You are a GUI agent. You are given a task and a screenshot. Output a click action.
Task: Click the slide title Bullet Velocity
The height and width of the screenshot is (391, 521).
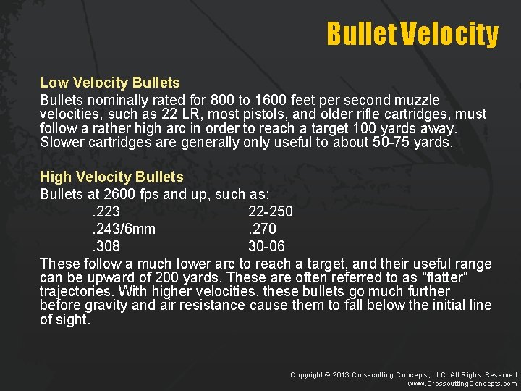click(x=412, y=33)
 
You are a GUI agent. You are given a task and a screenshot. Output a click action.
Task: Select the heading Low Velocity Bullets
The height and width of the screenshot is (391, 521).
click(x=109, y=83)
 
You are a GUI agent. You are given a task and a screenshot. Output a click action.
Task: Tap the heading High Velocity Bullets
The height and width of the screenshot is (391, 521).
click(x=111, y=177)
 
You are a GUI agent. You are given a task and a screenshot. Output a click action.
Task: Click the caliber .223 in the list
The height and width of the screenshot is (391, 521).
click(x=106, y=211)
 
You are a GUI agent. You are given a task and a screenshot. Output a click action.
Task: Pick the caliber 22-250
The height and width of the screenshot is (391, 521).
click(x=270, y=211)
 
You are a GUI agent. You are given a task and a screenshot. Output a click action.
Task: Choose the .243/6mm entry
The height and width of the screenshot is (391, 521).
click(x=123, y=229)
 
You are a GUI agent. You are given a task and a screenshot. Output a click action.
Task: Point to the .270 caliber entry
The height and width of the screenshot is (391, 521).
click(x=262, y=229)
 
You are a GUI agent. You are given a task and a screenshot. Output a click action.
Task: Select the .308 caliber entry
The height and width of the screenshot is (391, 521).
click(x=106, y=246)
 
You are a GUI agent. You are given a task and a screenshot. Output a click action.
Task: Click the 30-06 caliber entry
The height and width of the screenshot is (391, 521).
click(x=267, y=246)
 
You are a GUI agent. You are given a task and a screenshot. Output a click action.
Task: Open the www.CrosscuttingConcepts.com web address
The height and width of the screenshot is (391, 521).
click(x=462, y=384)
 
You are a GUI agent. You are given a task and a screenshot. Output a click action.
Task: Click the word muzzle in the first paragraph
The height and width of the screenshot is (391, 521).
click(x=415, y=100)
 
